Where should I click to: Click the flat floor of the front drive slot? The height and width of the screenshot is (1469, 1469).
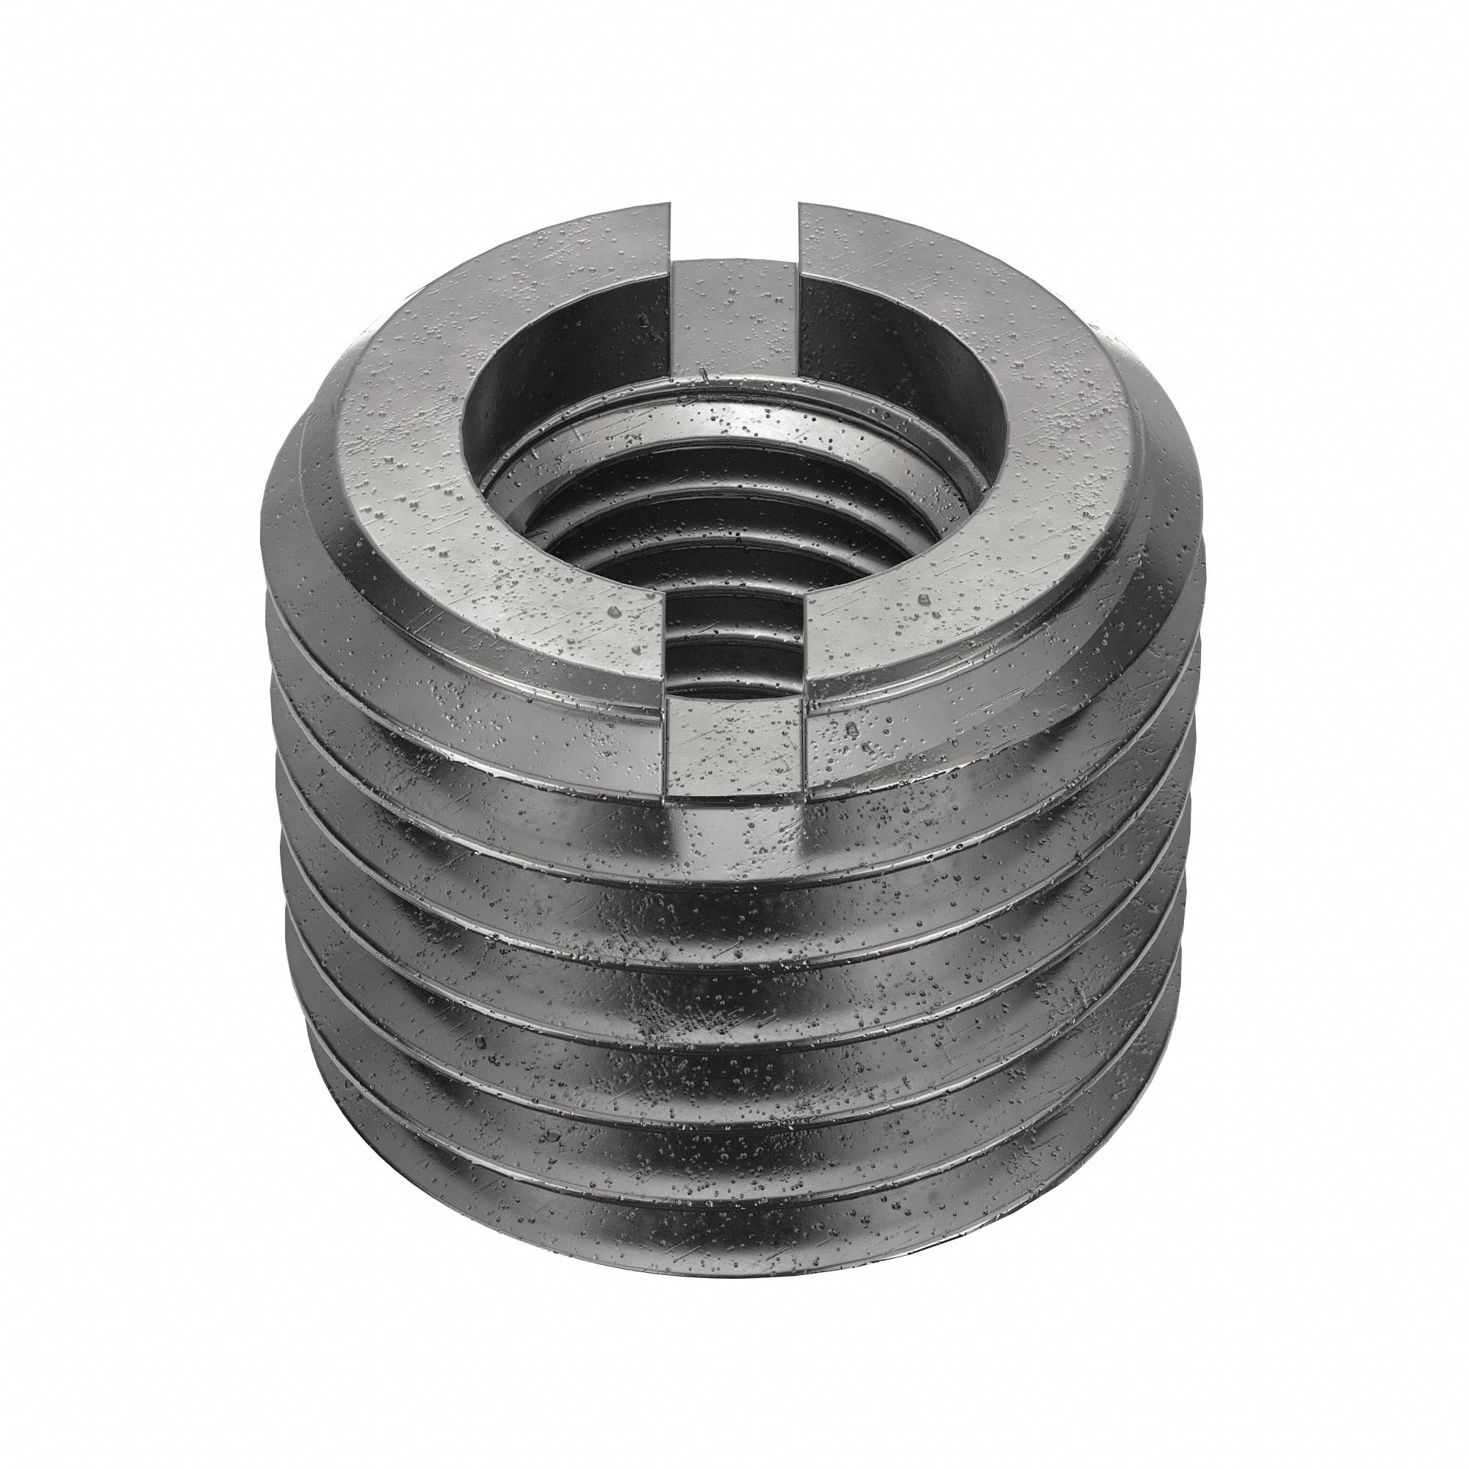point(734,753)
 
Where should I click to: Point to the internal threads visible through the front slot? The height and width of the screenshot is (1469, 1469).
point(734,639)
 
